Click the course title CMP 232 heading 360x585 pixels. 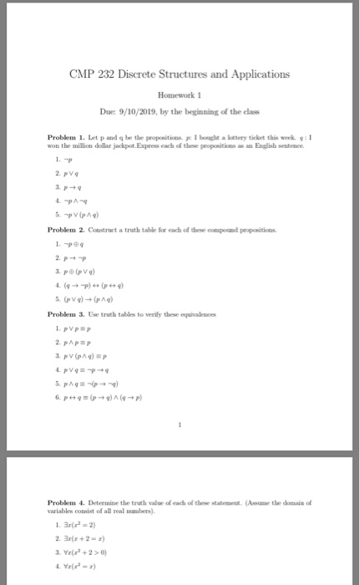click(x=179, y=74)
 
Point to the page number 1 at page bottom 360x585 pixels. click(x=180, y=425)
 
